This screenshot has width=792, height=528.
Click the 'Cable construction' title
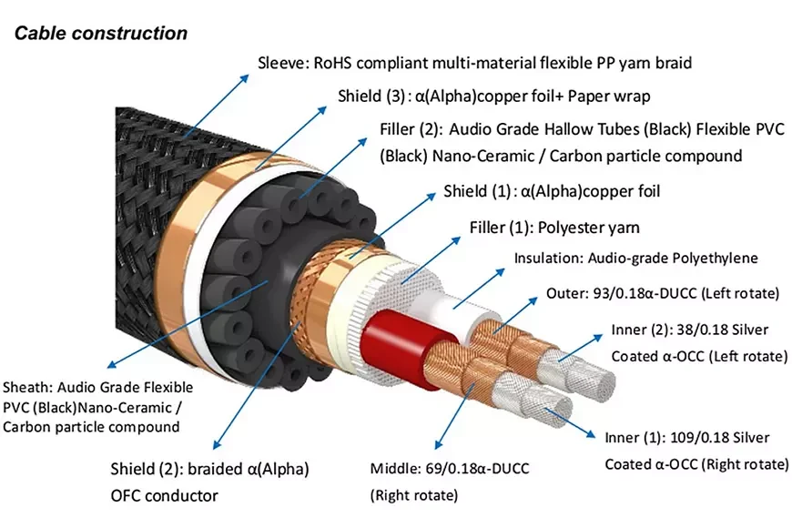pyautogui.click(x=100, y=34)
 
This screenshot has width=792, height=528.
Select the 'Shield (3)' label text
pyautogui.click(x=366, y=96)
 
